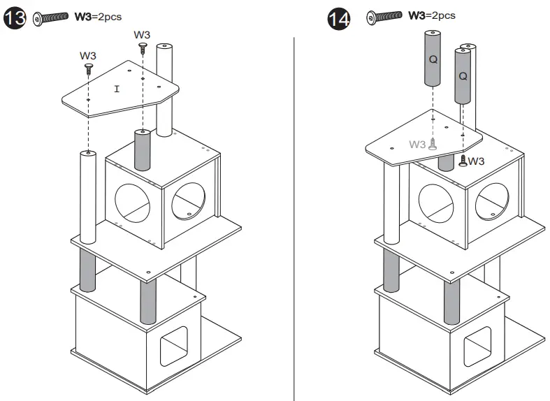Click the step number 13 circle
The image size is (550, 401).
(14, 17)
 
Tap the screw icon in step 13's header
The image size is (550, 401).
(50, 17)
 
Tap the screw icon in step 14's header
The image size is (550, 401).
(384, 15)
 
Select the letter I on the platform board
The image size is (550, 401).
(117, 89)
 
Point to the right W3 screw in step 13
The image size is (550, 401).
(143, 48)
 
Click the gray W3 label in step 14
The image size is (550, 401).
(418, 145)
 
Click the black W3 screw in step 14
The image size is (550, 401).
(462, 161)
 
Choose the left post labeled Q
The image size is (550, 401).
(433, 59)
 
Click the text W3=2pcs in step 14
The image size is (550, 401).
(431, 15)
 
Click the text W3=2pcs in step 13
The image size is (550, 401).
(98, 17)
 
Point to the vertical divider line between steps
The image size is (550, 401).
(294, 210)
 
